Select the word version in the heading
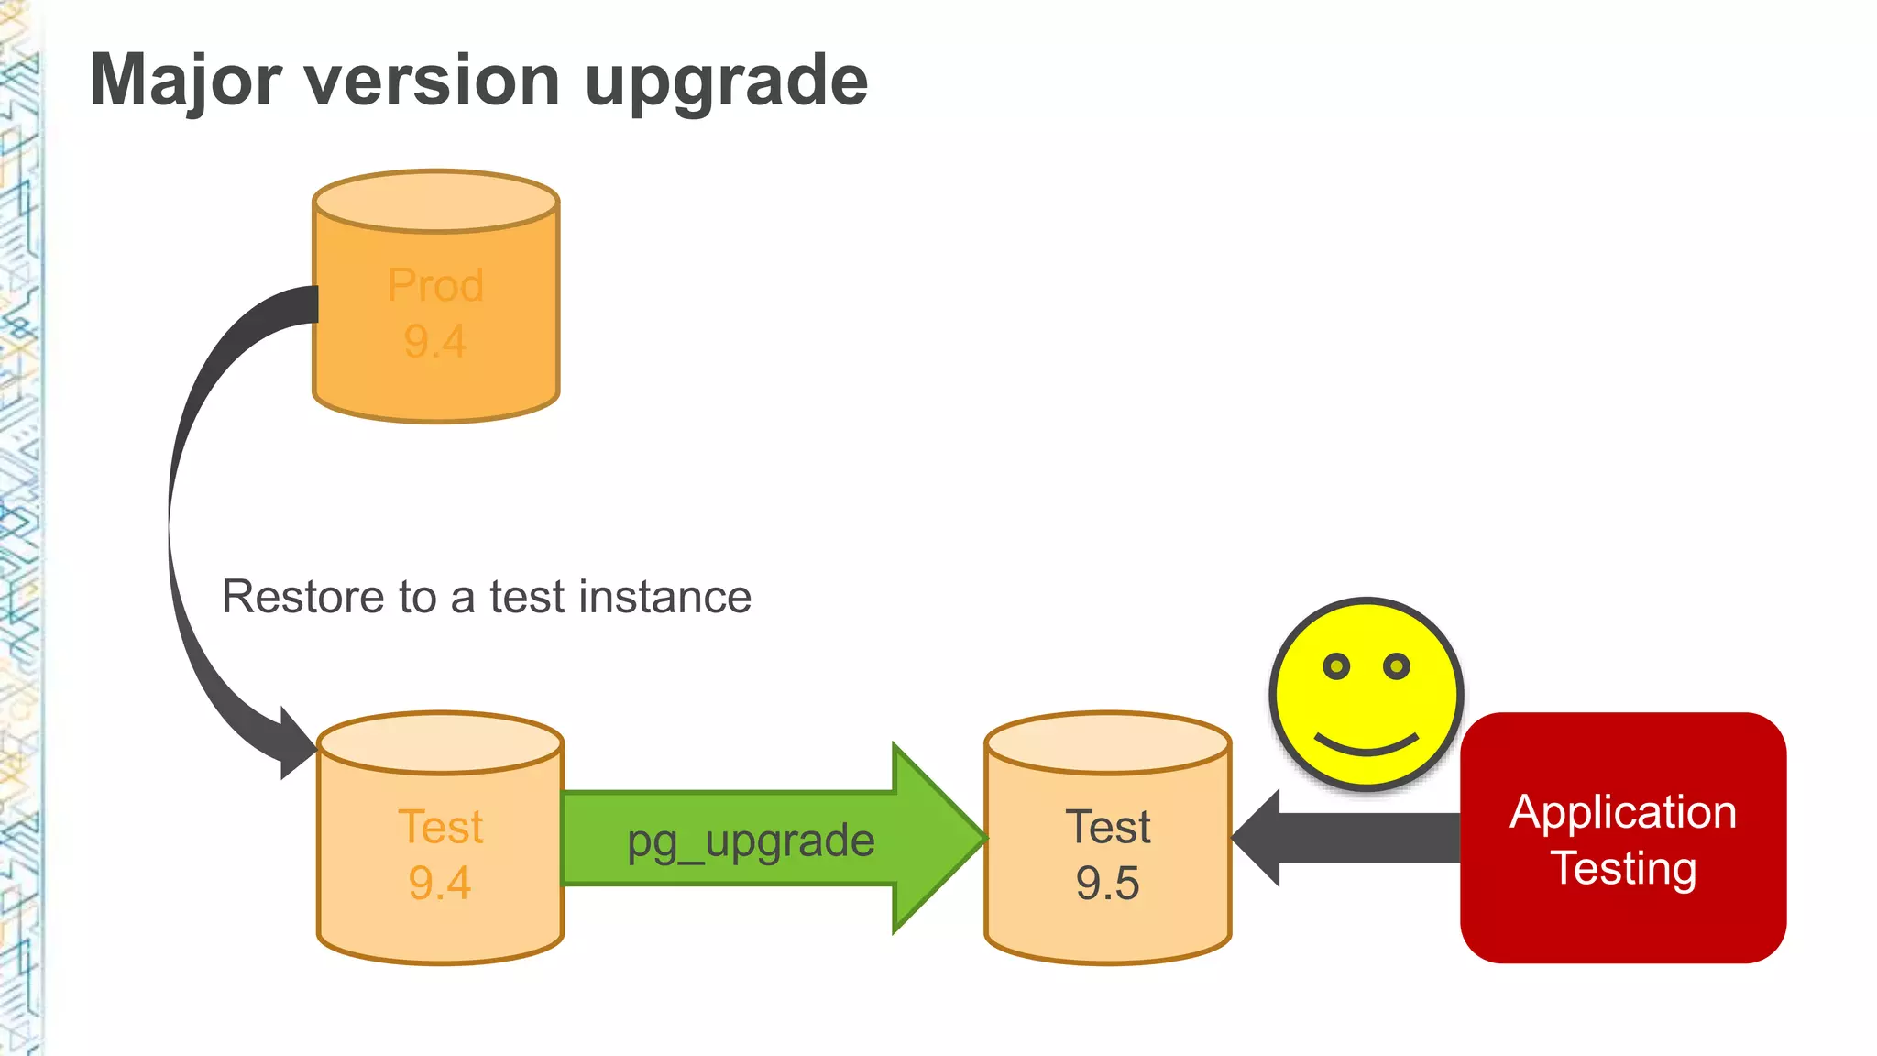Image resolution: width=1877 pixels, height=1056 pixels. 431,81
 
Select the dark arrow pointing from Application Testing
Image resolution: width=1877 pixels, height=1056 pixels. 1347,838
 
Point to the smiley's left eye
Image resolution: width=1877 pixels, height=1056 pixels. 1336,666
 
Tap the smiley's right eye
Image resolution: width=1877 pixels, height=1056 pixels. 1396,666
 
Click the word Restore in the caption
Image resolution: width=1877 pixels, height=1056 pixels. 303,597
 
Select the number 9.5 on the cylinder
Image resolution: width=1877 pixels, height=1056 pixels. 1107,883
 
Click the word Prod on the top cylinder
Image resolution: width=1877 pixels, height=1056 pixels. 435,285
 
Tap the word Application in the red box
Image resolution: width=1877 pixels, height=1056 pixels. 1622,812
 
